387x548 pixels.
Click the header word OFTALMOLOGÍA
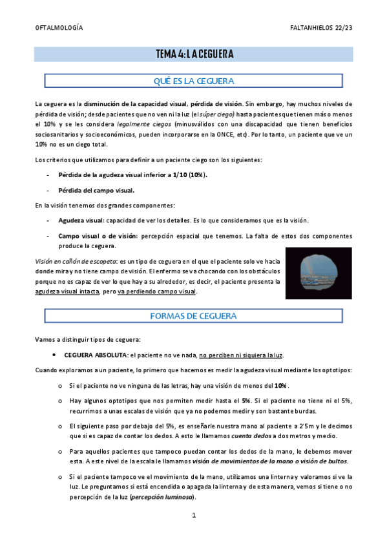pos(58,28)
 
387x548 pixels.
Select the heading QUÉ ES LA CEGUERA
pos(194,81)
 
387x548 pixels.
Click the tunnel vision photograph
pos(319,273)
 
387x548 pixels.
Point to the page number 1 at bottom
pos(193,516)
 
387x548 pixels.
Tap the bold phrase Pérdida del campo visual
pos(96,190)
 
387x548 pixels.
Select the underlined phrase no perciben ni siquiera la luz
pos(242,355)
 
